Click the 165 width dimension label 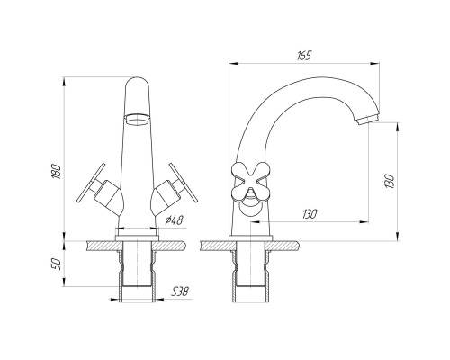tap(304, 56)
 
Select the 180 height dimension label tap(56, 171)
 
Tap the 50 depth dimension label tap(56, 264)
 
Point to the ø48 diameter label tap(174, 220)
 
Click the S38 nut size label tap(180, 292)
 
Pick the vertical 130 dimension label tap(390, 181)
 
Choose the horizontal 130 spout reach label tap(310, 214)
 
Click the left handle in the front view tap(99, 190)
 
